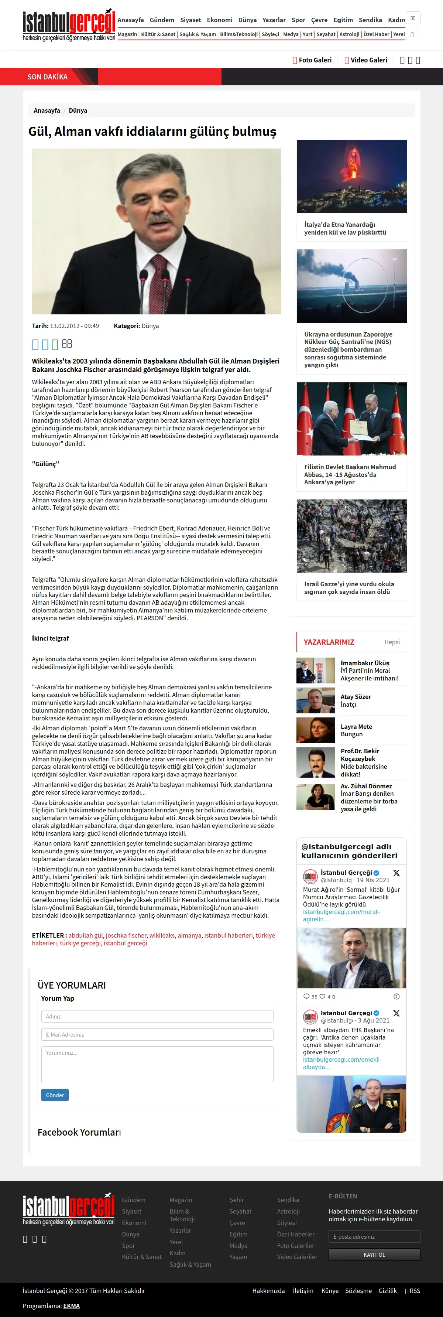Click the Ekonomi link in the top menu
tap(219, 20)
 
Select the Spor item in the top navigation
tap(298, 20)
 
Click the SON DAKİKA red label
tap(48, 77)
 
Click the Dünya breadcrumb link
tap(78, 110)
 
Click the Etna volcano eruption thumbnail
tap(351, 176)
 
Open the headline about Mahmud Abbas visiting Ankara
tap(350, 474)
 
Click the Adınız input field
tap(157, 1016)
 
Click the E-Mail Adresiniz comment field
tap(157, 1034)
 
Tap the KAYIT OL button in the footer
tap(374, 1255)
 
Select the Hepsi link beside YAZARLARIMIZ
tap(392, 642)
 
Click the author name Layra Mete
tap(356, 727)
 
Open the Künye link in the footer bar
tap(330, 1290)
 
